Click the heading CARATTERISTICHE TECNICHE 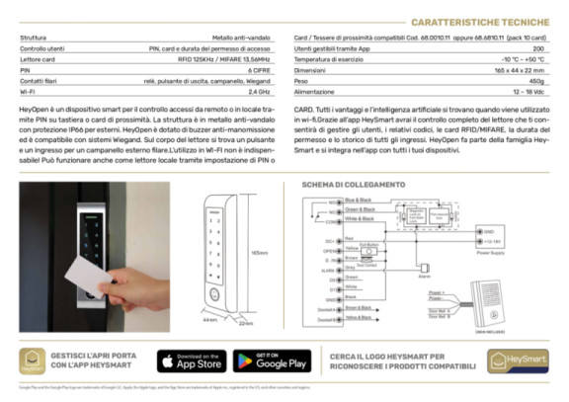479,21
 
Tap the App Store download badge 191,361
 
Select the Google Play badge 272,361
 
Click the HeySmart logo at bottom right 518,362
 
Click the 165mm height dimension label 258,253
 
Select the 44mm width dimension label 209,320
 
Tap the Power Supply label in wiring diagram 491,251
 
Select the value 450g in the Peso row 537,81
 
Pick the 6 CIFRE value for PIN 261,70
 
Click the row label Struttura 35,38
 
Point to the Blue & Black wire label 329,201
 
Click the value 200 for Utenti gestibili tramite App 538,48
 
